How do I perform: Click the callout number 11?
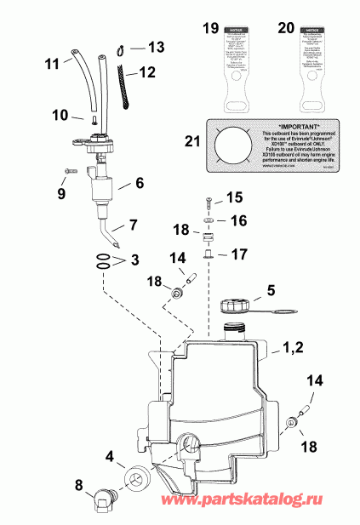50,63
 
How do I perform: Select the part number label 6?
140,182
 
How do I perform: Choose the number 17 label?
237,254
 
